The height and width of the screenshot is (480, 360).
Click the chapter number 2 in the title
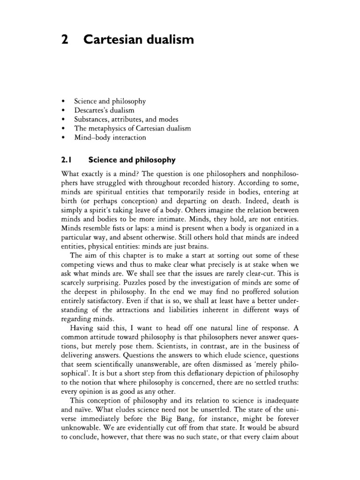coord(64,41)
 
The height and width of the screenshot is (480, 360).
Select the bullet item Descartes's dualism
coord(104,110)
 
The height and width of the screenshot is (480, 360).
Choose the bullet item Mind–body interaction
coord(110,138)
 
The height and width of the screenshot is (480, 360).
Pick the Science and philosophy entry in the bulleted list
coord(110,101)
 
